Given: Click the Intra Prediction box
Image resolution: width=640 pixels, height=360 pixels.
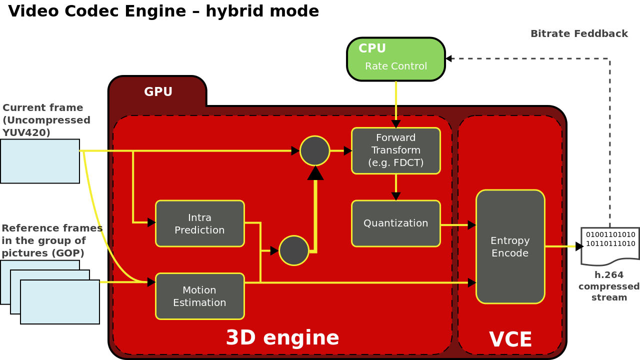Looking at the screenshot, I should [200, 223].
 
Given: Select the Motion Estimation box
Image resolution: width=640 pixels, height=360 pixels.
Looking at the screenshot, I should [200, 296].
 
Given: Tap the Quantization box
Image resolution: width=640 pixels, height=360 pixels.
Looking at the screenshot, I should [395, 223].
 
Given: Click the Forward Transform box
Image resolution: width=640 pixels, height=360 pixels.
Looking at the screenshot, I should [395, 150].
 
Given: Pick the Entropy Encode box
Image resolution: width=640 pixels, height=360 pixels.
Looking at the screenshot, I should [510, 246].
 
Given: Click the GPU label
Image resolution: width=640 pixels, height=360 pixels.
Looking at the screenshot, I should [158, 92].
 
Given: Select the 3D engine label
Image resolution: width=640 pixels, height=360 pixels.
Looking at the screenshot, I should [282, 338].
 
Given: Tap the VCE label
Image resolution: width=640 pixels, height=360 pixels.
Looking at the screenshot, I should [510, 340].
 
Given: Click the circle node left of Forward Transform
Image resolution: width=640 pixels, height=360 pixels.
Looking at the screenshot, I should [315, 150].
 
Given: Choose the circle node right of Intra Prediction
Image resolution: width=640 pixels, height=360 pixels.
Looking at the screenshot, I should [294, 250].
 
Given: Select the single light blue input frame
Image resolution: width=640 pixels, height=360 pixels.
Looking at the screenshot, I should [40, 161].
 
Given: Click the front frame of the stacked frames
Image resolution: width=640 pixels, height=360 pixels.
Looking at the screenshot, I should [60, 301].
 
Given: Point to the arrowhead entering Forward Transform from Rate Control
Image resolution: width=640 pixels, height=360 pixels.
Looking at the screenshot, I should [396, 123].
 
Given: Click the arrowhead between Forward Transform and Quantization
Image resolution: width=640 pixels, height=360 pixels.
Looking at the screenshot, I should [396, 196].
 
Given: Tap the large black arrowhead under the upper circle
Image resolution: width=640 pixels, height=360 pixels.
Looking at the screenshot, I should [315, 173].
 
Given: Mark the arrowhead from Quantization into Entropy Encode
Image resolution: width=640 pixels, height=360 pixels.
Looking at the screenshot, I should [471, 225].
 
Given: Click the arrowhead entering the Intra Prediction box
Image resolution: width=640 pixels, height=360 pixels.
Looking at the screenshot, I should [151, 222].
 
